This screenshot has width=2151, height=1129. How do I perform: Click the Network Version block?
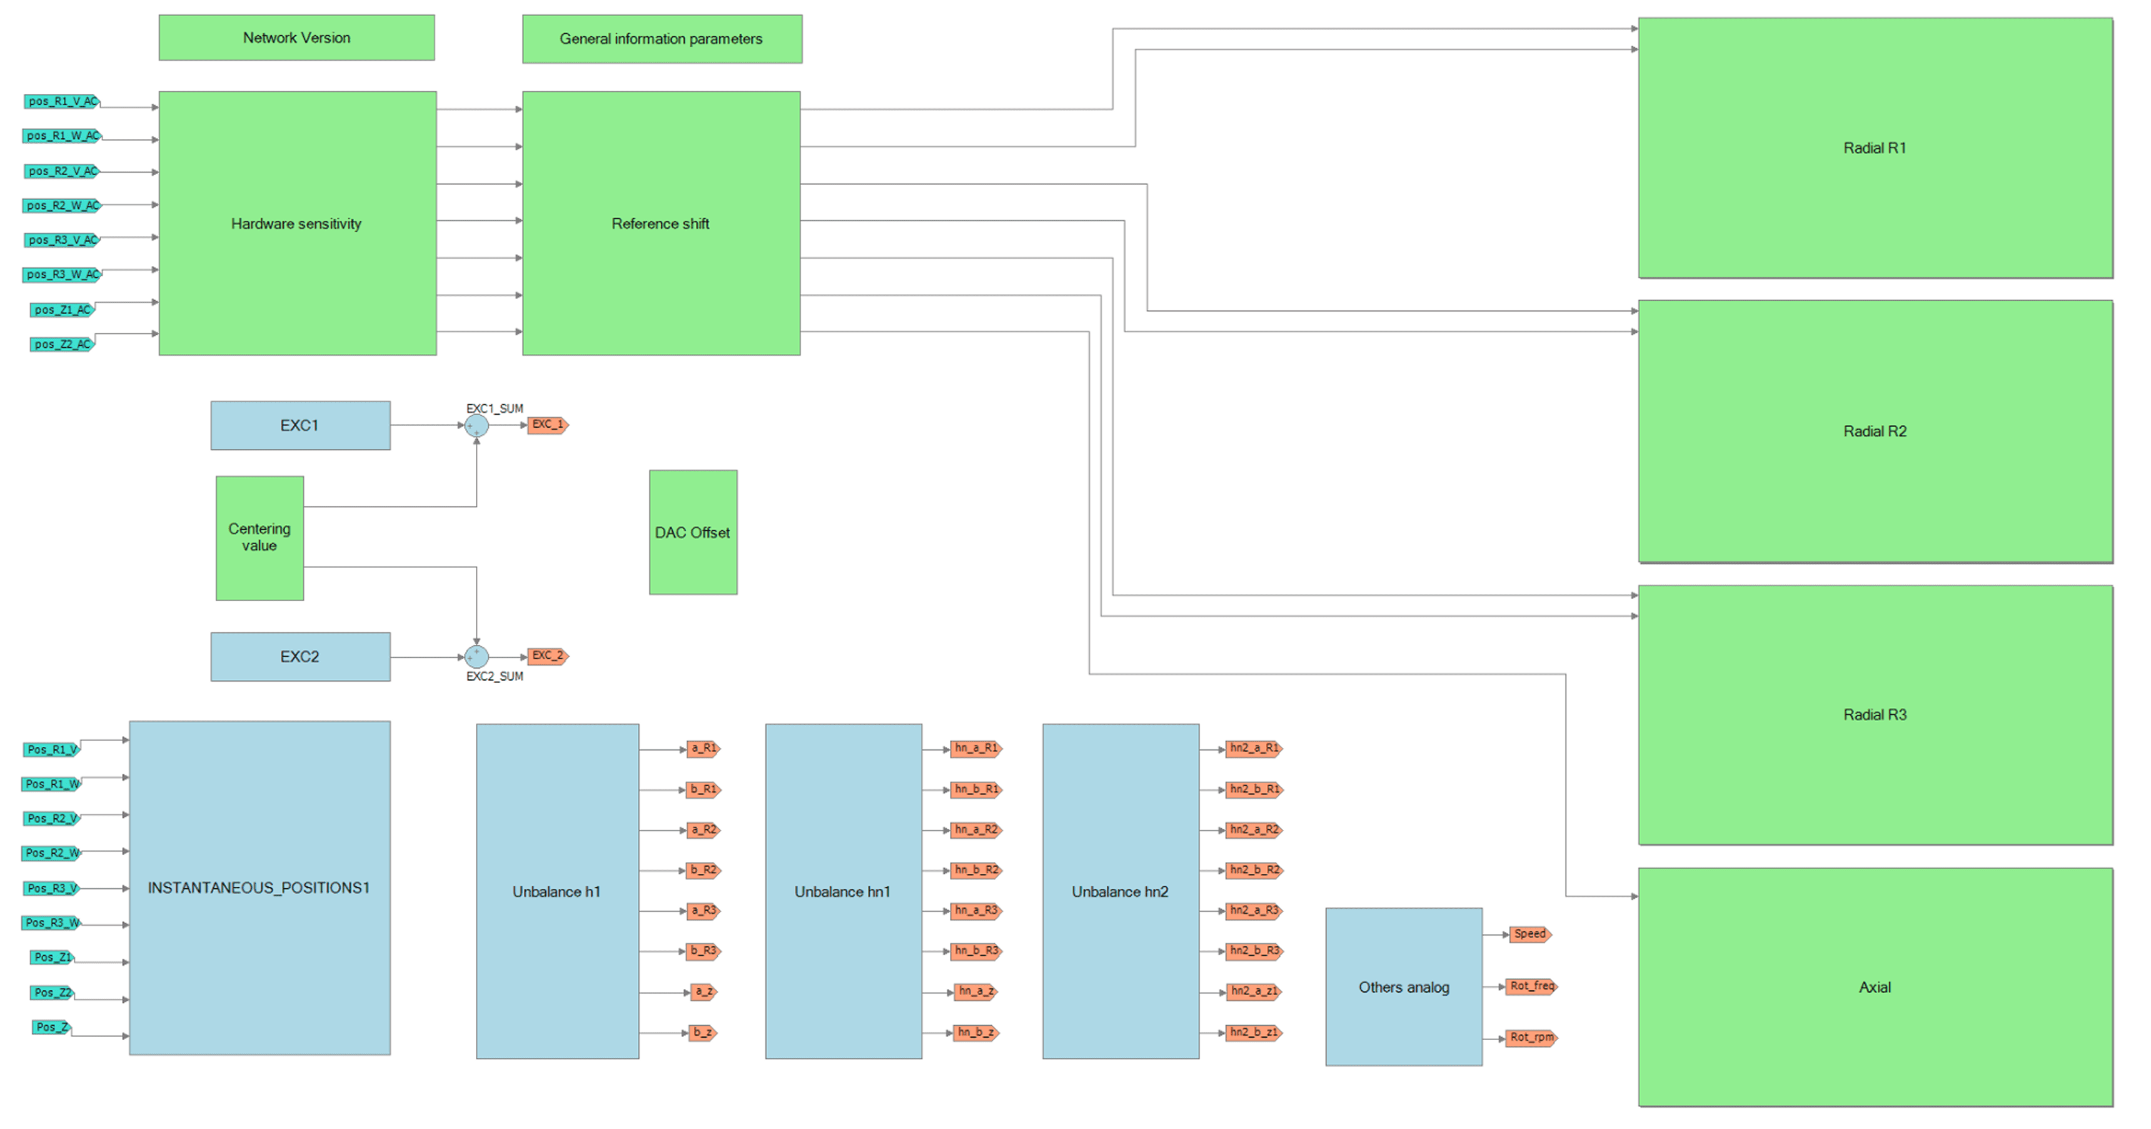point(296,38)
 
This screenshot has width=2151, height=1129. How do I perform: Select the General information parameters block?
point(662,38)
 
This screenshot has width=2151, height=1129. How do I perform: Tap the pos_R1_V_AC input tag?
point(63,101)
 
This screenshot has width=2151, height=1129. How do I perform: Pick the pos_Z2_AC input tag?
point(63,344)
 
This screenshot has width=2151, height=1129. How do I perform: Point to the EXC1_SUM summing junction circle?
point(477,426)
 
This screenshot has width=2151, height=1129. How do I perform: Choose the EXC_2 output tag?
point(548,656)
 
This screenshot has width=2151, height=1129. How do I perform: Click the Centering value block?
point(259,538)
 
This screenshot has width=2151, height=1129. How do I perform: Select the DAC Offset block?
point(693,532)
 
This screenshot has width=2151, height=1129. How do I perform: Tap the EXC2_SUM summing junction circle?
point(477,657)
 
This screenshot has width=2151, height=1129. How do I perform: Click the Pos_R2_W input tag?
point(53,853)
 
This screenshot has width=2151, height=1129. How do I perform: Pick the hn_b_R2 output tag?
point(976,870)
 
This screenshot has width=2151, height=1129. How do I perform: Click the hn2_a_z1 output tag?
point(1253,991)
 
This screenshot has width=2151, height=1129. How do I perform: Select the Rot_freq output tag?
point(1532,986)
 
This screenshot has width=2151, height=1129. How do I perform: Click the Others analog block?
point(1404,987)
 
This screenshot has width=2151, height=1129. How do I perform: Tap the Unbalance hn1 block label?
point(842,892)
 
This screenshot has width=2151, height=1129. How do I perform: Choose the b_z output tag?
point(703,1033)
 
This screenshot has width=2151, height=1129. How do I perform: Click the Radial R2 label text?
point(1875,431)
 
